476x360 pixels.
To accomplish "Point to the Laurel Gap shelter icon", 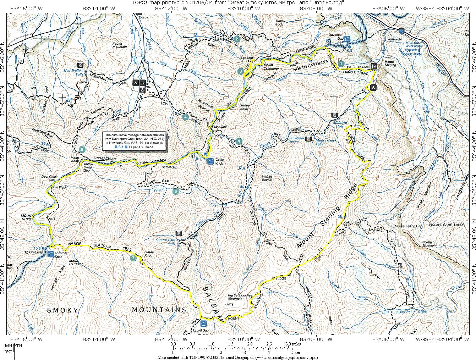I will pos(204,323).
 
